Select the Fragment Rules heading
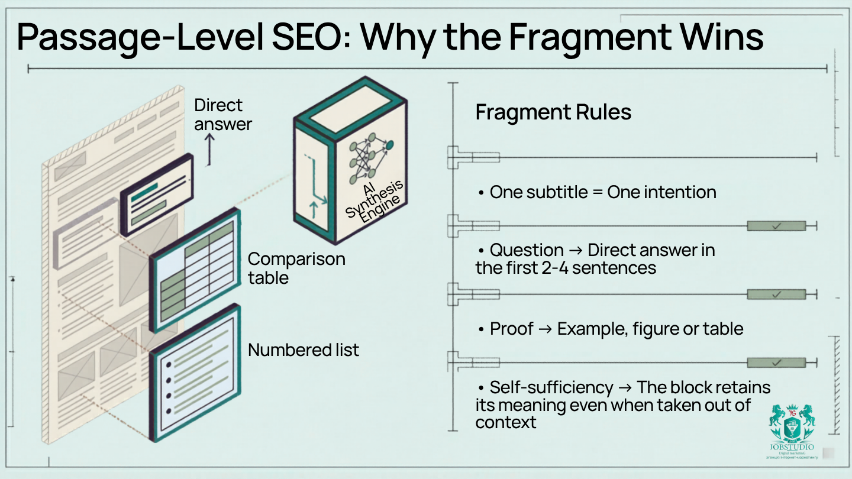553,112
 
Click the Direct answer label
222,115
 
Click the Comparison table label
296,268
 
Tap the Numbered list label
303,350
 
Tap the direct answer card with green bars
157,195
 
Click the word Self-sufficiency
551,387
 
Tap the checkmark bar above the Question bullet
776,226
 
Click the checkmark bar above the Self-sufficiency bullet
776,363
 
